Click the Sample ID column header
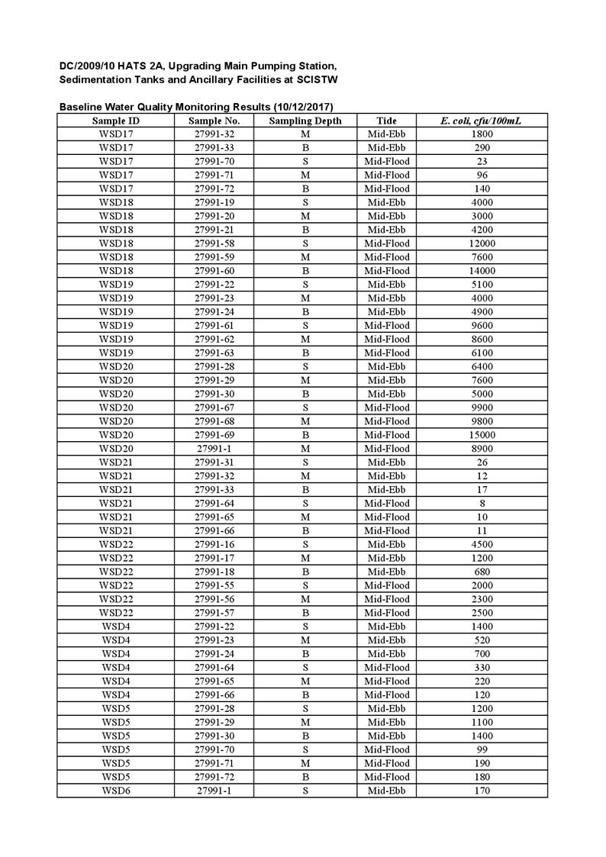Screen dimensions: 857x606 tap(115, 121)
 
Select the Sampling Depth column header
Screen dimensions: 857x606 tap(305, 121)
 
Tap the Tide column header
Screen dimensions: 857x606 tap(386, 121)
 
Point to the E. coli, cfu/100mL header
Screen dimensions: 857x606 tap(481, 121)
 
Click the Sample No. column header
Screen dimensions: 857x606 tap(214, 121)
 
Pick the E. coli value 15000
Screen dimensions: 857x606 tap(482, 435)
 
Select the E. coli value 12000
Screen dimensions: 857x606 tap(482, 243)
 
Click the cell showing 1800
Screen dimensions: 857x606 tap(482, 134)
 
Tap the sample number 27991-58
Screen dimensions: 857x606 tap(214, 243)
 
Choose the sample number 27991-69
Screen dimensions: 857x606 tap(214, 435)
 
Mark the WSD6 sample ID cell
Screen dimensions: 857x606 tap(115, 791)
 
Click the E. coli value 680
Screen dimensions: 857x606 tap(482, 572)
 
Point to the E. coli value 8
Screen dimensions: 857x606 tap(482, 504)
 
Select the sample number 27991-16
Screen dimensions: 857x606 tap(214, 544)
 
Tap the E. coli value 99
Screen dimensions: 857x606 tap(482, 749)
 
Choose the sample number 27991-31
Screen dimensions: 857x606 tap(214, 462)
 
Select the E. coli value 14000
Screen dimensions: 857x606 tap(482, 271)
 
